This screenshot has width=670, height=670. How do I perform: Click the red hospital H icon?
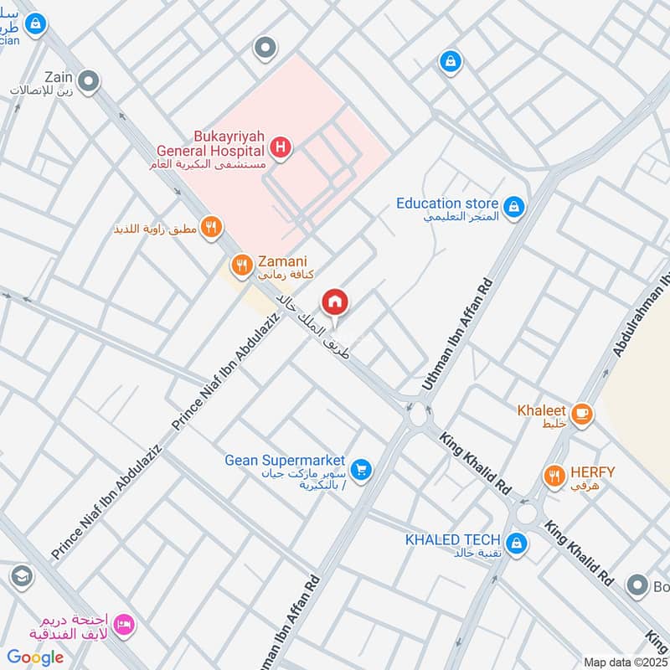281,149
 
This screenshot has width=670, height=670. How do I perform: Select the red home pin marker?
335,301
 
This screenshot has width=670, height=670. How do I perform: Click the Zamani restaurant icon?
242,265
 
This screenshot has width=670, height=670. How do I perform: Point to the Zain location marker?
89,81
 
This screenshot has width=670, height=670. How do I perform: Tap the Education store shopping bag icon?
514,204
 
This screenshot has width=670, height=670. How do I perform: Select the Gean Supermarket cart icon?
361,469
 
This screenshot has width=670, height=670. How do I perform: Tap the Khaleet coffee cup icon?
581,412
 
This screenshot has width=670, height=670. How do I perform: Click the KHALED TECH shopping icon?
517,543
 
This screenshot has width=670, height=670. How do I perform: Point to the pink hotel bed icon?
125,624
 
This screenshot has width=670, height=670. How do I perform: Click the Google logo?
35,657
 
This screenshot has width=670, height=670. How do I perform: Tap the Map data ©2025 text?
624,662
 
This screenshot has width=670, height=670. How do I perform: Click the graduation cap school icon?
21,576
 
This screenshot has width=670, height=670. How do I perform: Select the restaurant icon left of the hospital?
211,226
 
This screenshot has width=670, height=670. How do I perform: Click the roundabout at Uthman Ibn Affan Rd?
416,413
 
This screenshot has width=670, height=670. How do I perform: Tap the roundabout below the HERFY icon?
528,512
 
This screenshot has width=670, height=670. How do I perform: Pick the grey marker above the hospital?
265,48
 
